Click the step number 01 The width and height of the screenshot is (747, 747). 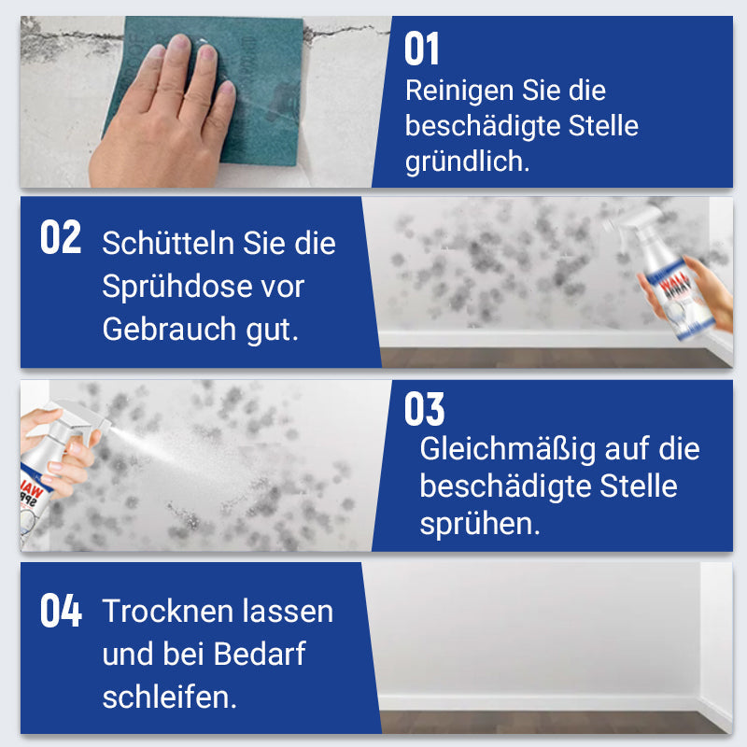click(x=422, y=49)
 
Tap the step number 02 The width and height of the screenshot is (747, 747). click(x=62, y=239)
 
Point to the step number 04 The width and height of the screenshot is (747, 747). click(x=62, y=612)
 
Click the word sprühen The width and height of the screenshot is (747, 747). click(x=480, y=524)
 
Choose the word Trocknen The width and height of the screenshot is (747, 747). click(x=165, y=612)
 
